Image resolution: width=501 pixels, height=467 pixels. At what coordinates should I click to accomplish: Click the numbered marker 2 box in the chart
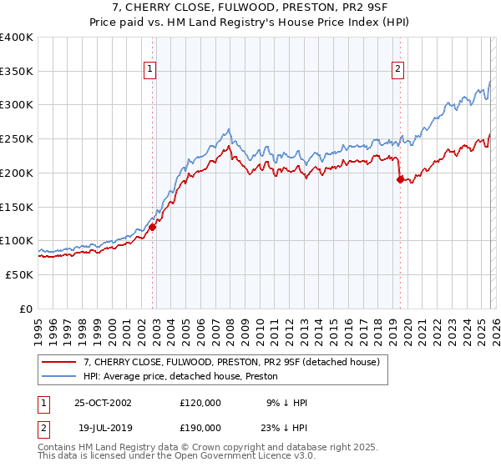[x=397, y=69]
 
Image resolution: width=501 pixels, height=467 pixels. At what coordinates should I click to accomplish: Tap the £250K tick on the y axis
[x=18, y=139]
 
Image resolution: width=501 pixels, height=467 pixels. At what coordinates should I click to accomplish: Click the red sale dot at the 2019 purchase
[x=400, y=179]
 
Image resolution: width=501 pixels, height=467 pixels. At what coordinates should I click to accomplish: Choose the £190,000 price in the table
[x=200, y=426]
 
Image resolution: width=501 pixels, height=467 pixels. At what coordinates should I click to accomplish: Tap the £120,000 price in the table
[x=200, y=403]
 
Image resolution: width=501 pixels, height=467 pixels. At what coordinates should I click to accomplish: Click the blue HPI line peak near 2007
[x=228, y=130]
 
